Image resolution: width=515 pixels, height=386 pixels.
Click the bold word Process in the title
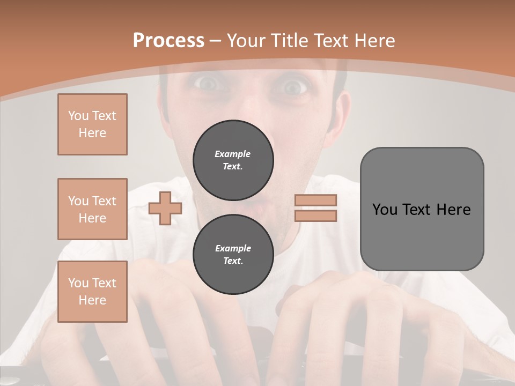168,41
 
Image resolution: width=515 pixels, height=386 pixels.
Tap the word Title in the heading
289,41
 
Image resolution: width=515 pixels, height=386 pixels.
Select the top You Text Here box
92,124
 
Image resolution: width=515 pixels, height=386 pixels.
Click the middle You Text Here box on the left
92,209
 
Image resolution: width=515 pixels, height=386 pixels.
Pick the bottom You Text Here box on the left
92,292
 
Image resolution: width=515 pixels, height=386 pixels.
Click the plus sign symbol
165,208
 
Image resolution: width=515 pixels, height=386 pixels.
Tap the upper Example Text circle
233,160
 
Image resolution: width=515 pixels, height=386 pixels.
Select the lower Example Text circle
233,254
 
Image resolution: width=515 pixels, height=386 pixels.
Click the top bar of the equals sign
316,201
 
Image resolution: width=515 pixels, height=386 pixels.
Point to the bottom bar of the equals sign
316,216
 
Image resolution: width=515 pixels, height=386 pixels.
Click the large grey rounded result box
422,209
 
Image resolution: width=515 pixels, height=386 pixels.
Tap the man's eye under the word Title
293,86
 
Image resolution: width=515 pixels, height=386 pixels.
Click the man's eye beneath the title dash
207,83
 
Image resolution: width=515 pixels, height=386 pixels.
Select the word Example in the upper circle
232,154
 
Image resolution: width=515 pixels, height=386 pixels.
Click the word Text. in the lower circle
232,261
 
